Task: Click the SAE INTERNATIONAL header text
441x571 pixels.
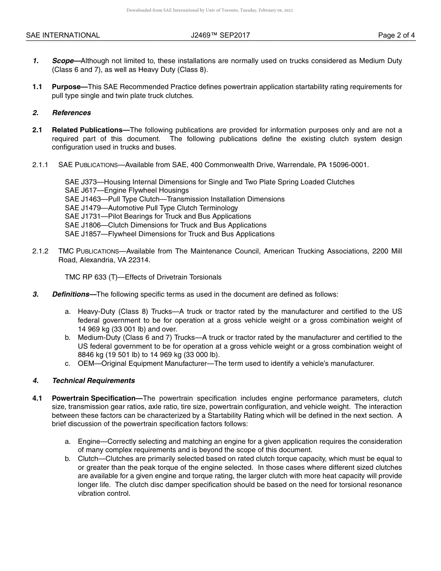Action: (63, 35)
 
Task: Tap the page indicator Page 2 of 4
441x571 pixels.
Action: (396, 35)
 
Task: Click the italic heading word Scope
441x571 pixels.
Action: (63, 61)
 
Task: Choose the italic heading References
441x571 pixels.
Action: (71, 113)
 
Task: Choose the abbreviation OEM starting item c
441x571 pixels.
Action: (86, 363)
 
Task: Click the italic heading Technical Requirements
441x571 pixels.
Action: (93, 381)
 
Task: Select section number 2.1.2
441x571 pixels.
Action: (40, 251)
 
